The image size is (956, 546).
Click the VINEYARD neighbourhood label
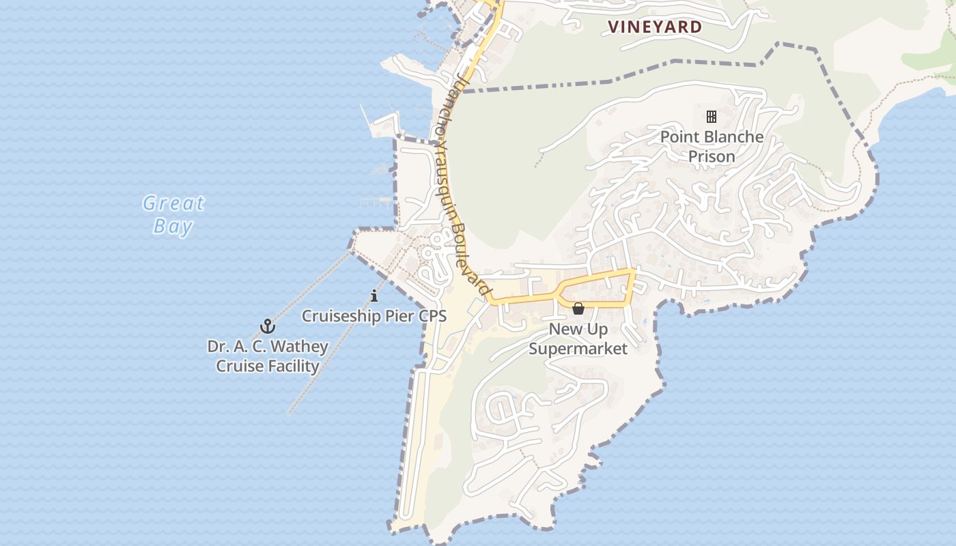pos(655,27)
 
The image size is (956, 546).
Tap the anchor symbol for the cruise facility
pos(268,326)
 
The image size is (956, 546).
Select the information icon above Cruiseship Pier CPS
pos(374,296)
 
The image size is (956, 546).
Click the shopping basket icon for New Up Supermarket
pos(578,309)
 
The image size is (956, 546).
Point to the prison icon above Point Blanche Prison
pos(712,117)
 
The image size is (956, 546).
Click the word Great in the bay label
pos(173,203)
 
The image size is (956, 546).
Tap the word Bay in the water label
pos(173,227)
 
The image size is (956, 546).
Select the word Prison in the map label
pos(712,157)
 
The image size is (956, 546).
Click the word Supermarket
pos(578,349)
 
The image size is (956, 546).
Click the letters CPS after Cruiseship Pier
pos(432,316)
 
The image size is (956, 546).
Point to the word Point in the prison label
pos(680,137)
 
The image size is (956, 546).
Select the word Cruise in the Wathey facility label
pos(238,367)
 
